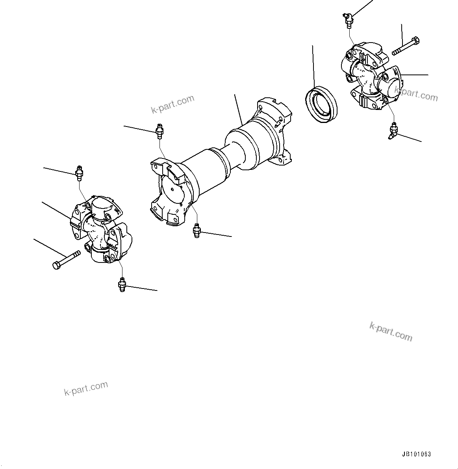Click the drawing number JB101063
416,454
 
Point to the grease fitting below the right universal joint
393,131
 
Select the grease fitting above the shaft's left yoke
159,131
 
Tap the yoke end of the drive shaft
169,193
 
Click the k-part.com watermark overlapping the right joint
416,94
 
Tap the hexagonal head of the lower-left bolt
56,265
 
